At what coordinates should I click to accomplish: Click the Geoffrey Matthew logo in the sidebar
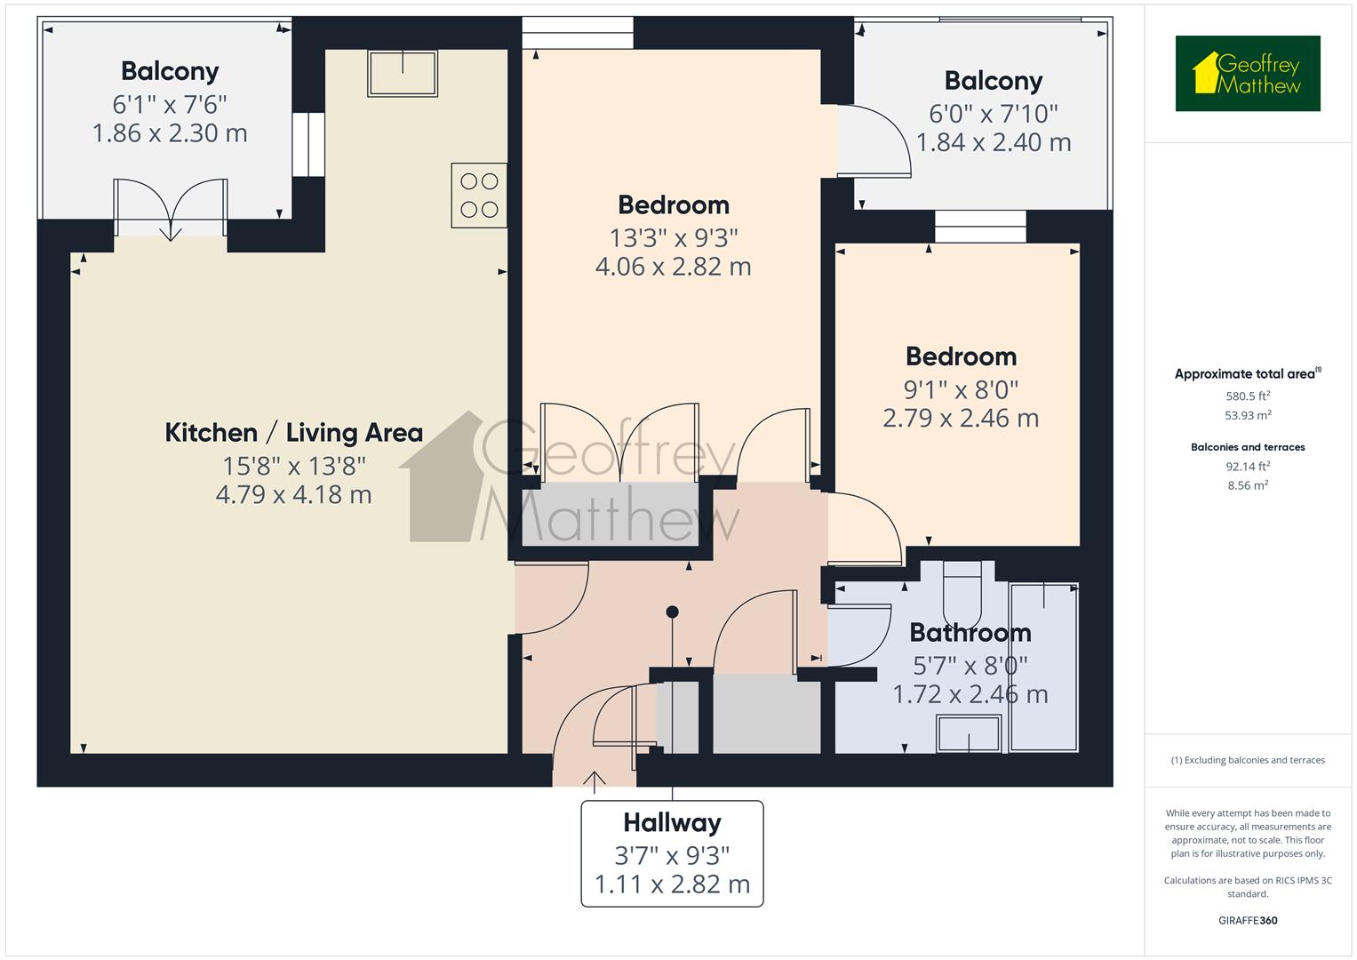[x=1247, y=74]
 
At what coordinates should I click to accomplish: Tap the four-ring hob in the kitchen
[x=479, y=196]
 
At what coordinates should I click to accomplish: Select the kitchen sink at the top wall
[x=403, y=72]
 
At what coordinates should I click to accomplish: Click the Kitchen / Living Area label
[x=293, y=433]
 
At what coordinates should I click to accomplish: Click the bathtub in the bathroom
[x=1044, y=667]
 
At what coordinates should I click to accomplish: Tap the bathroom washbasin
[x=969, y=734]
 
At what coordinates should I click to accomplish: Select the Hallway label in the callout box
[x=672, y=823]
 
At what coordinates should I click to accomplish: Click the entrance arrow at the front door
[x=594, y=780]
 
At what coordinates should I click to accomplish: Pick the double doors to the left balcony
[x=170, y=209]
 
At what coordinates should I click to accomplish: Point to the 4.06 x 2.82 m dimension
[x=673, y=267]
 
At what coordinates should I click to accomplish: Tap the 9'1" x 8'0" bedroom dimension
[x=961, y=389]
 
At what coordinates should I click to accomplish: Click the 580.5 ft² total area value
[x=1248, y=396]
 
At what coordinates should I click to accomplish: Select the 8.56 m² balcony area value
[x=1248, y=485]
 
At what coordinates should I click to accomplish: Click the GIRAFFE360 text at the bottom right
[x=1248, y=920]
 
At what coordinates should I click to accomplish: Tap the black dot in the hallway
[x=673, y=612]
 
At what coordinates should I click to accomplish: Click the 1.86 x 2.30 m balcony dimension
[x=170, y=133]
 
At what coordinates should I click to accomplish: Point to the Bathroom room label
[x=970, y=633]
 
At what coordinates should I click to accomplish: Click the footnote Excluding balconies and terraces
[x=1248, y=760]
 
